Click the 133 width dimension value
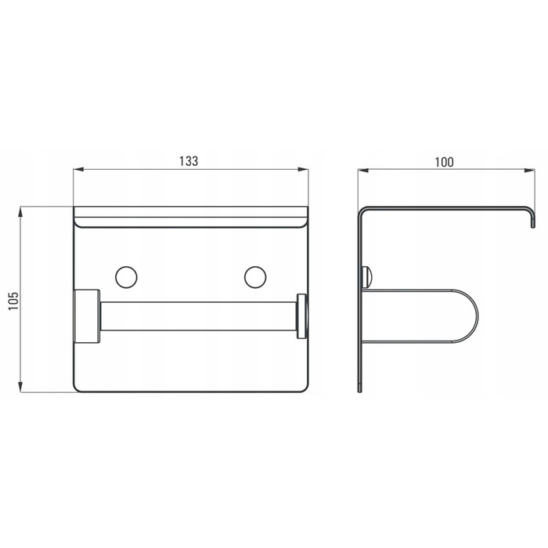189,161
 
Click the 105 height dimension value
13,301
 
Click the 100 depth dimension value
444,162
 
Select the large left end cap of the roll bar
87,315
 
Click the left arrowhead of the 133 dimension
78,170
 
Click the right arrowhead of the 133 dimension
304,170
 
